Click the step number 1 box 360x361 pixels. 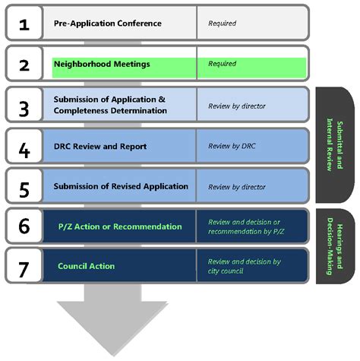pos(24,24)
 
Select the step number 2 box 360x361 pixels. pos(24,65)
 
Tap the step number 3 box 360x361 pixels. pos(24,106)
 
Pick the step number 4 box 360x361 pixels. pos(24,146)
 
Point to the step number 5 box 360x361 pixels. pos(24,187)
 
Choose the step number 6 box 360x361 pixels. pos(24,226)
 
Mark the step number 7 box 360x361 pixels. pos(24,267)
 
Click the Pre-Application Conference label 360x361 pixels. pos(107,24)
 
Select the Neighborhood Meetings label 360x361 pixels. pos(101,65)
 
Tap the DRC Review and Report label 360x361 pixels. pos(100,146)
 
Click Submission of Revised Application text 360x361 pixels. pos(121,187)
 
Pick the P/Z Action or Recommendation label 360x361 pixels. pos(120,226)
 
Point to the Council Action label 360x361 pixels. pos(87,267)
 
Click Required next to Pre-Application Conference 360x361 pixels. pos(222,24)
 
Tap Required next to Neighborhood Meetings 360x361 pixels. pos(222,65)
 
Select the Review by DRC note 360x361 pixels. pos(232,146)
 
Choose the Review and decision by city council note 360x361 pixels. pos(245,266)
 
